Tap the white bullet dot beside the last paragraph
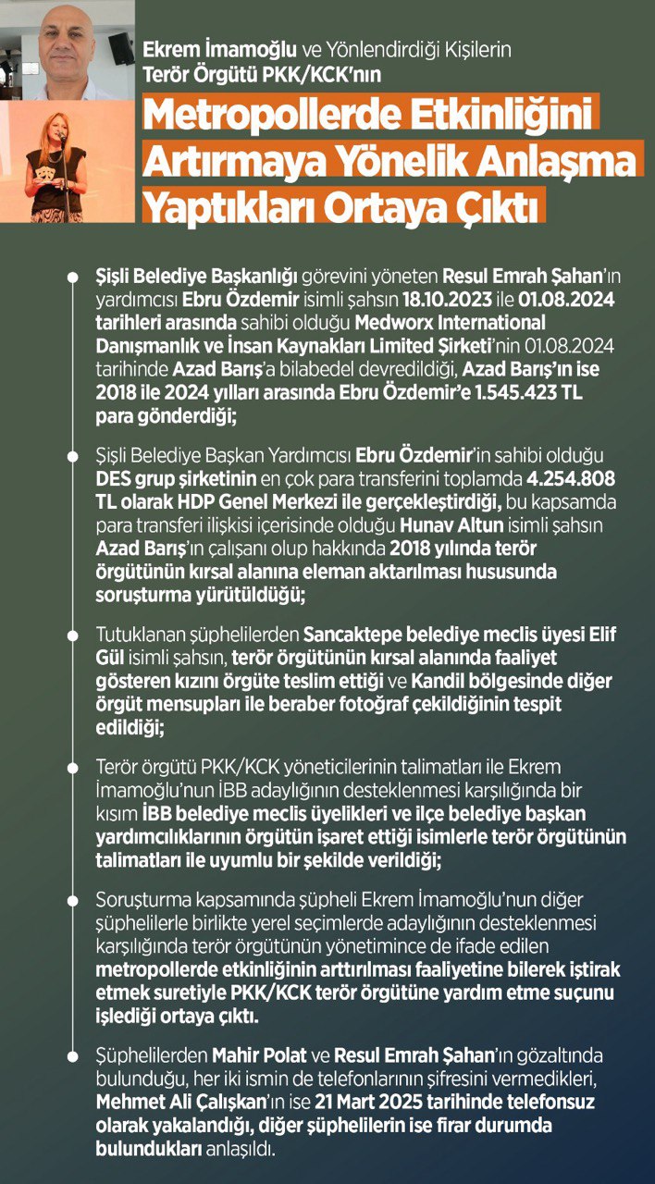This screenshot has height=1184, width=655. pos(73,1054)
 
